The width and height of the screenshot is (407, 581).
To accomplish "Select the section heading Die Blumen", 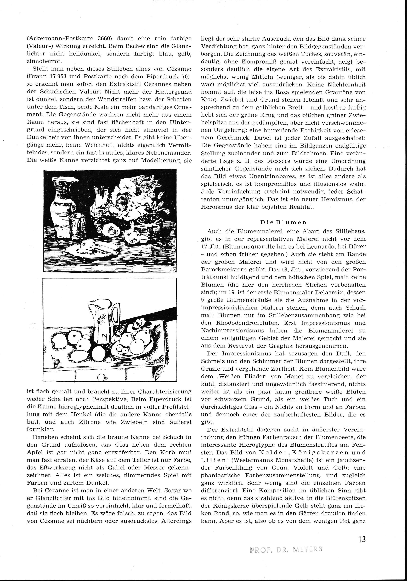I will (283, 222).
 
